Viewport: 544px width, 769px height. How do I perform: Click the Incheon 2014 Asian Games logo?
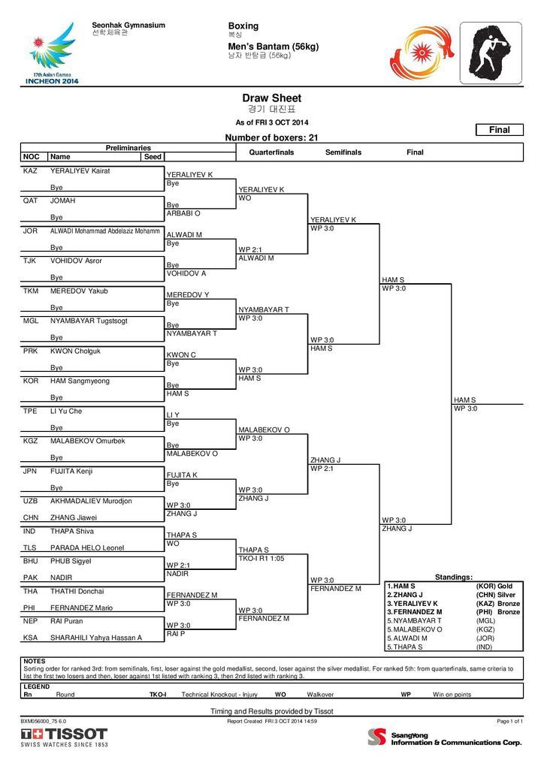tap(52, 53)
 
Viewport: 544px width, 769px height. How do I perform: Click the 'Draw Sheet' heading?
tap(271, 98)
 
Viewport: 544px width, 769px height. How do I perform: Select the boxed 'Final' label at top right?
tap(500, 130)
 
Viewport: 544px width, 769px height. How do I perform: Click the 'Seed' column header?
tap(152, 157)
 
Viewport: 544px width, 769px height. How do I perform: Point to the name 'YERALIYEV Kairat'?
tap(80, 171)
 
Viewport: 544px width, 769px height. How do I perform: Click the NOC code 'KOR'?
tap(31, 381)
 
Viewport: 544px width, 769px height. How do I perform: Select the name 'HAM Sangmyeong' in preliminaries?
tap(80, 381)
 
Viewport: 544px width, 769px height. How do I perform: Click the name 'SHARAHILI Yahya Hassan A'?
tap(96, 637)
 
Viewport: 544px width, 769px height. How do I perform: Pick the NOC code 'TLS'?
tap(31, 547)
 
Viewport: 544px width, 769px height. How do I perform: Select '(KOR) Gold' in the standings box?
tap(494, 586)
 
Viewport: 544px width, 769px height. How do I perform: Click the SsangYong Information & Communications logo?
tap(444, 737)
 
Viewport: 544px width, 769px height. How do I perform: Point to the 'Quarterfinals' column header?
tap(271, 152)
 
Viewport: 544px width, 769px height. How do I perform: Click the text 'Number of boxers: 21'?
tap(271, 138)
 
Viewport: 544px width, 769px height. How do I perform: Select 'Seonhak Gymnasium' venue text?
tap(128, 26)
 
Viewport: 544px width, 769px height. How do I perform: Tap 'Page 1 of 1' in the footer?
tap(509, 721)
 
